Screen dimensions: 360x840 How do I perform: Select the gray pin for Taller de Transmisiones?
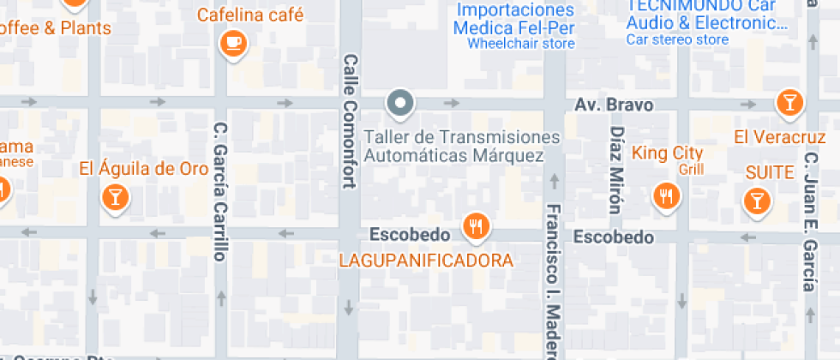point(399,104)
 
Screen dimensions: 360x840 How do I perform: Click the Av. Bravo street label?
point(613,105)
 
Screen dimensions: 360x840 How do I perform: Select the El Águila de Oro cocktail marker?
point(114,198)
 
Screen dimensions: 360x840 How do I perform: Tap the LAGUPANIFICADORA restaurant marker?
point(475,226)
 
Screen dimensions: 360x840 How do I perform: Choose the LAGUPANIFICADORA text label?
point(426,260)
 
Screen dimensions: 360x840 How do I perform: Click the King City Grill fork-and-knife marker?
point(665,196)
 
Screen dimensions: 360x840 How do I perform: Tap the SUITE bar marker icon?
point(755,201)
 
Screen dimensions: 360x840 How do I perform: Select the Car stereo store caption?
point(677,39)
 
